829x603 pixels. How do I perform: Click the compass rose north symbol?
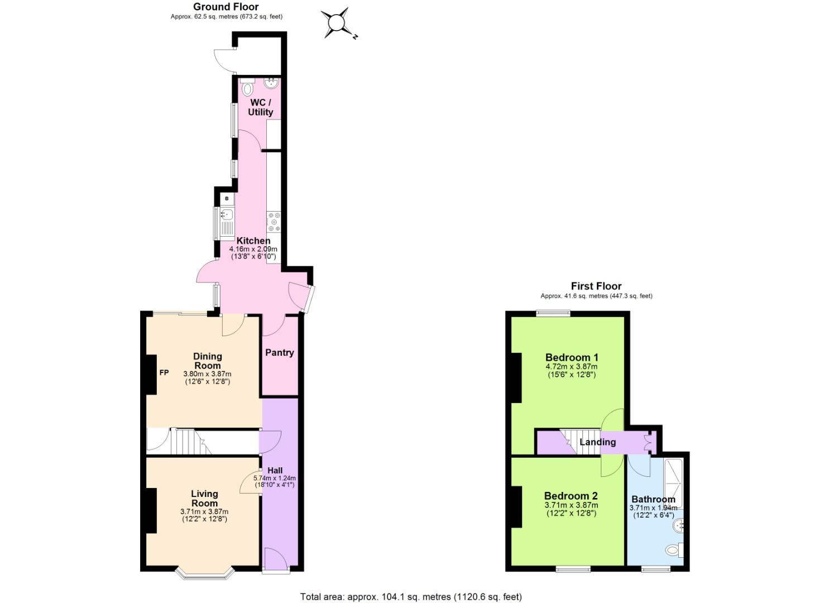coord(337,23)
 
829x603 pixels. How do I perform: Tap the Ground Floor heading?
coord(226,7)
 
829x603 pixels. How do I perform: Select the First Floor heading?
coord(596,286)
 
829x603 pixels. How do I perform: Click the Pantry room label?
coord(279,352)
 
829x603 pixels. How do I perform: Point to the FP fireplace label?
coord(164,372)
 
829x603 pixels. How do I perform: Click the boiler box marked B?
coord(227,198)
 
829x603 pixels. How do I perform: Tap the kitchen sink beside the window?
coord(227,214)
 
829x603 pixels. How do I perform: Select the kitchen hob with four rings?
coord(274,221)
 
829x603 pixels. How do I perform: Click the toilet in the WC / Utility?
coord(247,88)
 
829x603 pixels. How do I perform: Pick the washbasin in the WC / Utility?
coord(271,83)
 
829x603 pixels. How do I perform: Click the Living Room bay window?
coord(204,572)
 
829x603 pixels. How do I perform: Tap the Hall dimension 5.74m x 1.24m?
coord(275,478)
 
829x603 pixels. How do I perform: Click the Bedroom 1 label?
coord(572,357)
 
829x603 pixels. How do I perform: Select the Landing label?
coord(597,442)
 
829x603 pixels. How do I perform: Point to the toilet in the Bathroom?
coord(673,550)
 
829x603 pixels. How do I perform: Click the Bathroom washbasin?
coord(679,525)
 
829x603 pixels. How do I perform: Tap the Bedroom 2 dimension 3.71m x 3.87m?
coord(571,505)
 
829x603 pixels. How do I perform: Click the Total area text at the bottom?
coord(411,597)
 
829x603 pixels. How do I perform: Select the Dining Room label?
coord(208,361)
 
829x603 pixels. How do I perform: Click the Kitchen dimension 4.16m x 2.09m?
coord(253,249)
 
